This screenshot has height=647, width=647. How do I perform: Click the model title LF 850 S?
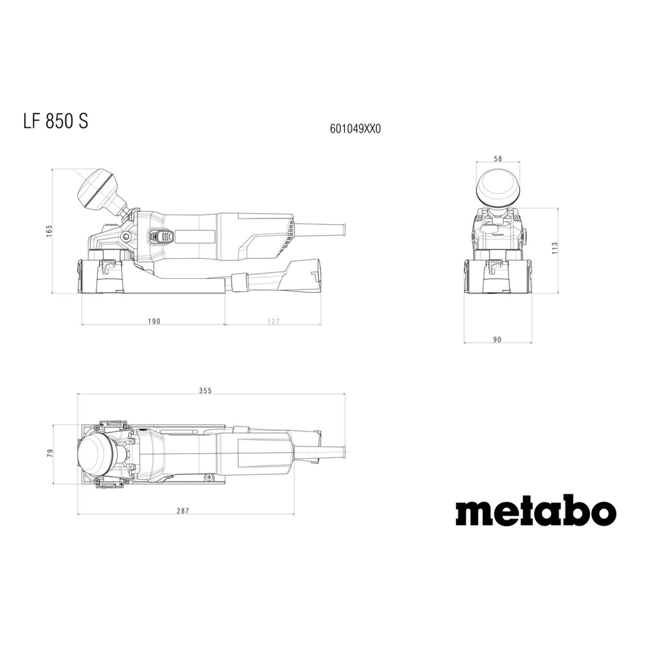56,121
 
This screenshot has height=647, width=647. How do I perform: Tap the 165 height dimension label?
49,232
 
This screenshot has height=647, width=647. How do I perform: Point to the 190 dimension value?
154,321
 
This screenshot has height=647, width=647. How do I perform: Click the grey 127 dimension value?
273,321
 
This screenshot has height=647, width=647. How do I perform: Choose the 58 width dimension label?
497,159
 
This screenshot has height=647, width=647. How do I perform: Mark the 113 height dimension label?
555,248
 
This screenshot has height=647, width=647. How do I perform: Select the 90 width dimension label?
497,340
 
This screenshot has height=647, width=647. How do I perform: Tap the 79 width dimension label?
50,453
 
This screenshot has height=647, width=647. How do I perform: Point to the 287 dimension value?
183,520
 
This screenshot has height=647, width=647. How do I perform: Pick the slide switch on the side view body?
161,238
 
